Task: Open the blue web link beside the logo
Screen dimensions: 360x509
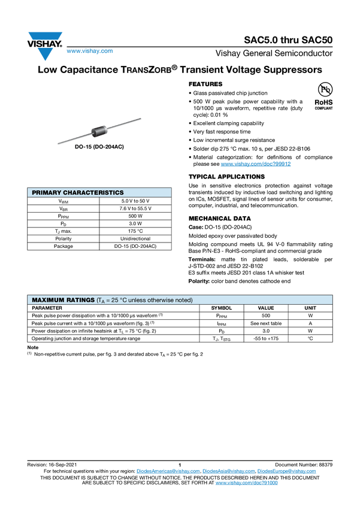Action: pos(89,51)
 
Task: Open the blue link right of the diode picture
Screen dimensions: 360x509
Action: pos(256,163)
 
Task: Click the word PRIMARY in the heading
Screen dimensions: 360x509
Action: pos(46,193)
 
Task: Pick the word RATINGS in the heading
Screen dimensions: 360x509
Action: pos(80,299)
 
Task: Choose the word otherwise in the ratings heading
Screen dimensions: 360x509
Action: pos(165,299)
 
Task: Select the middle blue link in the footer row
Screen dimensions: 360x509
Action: pos(228,472)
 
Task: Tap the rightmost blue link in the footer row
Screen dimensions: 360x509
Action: pos(288,472)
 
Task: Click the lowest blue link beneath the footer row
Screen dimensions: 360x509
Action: pos(246,483)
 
